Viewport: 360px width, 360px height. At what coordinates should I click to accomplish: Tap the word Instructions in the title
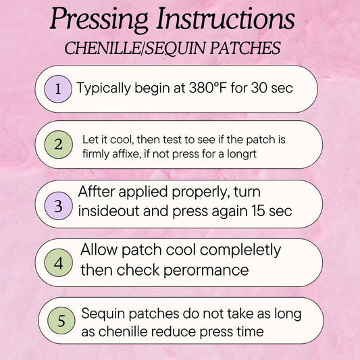[226, 18]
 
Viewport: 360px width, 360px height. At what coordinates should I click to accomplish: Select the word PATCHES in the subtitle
[245, 48]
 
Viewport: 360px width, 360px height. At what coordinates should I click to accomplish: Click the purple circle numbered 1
[58, 89]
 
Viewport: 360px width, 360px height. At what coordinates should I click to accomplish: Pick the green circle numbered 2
[59, 145]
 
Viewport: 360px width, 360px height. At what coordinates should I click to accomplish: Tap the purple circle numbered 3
[59, 206]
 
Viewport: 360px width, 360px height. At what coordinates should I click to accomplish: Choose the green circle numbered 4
[59, 263]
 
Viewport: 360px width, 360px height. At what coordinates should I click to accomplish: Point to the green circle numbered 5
[61, 321]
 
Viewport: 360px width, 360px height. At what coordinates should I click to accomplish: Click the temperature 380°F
[208, 88]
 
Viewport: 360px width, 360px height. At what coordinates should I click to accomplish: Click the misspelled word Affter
[97, 191]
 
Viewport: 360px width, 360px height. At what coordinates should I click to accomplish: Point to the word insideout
[109, 211]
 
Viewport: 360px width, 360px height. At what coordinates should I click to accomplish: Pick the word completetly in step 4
[240, 251]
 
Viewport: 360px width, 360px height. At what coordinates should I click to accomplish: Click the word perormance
[206, 271]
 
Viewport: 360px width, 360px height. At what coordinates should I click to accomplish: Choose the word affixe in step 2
[126, 154]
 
